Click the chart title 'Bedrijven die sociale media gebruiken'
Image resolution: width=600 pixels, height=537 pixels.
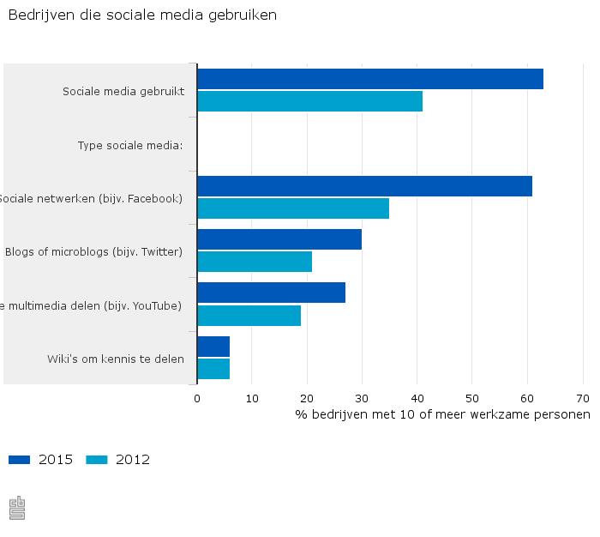pos(142,15)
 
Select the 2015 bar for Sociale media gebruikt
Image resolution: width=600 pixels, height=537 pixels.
pos(369,79)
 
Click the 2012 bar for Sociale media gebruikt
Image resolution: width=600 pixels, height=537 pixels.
pos(309,101)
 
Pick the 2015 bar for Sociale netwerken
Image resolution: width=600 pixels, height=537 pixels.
pos(364,186)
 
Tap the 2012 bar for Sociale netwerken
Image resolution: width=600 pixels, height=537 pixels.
pos(293,208)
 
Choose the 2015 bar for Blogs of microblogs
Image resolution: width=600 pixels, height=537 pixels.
pos(279,239)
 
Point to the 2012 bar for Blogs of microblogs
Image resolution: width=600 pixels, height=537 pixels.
pos(255,262)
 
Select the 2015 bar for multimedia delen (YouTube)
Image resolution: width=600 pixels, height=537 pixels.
pos(271,293)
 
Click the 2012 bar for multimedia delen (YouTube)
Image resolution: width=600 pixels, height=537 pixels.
pos(249,316)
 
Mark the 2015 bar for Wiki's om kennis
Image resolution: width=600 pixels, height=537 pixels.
pos(213,347)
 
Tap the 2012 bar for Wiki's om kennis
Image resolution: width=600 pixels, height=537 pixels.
pos(213,369)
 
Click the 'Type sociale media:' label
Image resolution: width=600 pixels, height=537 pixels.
pos(130,145)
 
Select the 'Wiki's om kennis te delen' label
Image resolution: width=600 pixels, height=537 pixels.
pos(116,359)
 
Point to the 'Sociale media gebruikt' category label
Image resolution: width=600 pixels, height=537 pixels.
pos(123,91)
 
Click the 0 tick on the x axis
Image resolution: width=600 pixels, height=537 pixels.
pos(197,398)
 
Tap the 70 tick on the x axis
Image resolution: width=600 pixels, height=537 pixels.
pos(583,398)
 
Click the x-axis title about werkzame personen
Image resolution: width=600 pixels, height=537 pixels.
pos(442,415)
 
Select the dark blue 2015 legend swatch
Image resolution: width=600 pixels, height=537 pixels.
pos(19,460)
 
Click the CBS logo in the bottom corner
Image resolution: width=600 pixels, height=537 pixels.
pos(17,508)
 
